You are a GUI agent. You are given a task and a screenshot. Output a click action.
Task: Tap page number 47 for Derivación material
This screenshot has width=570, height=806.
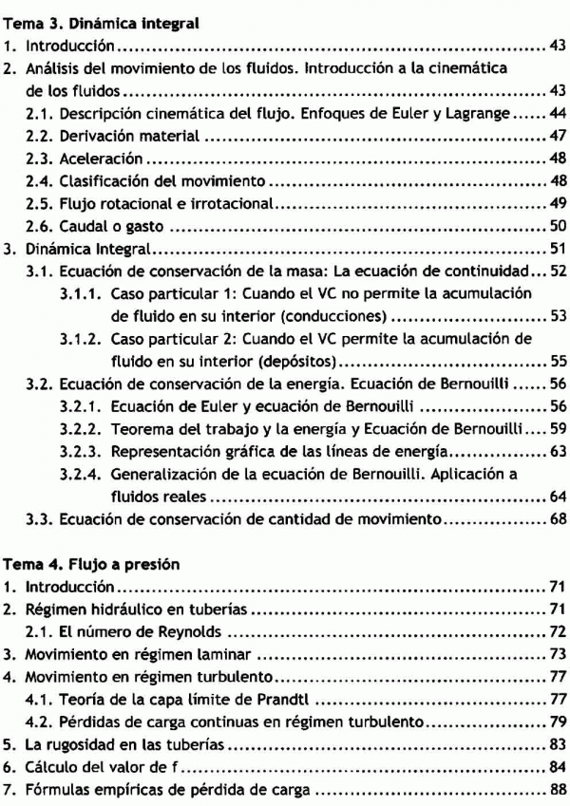click(x=558, y=137)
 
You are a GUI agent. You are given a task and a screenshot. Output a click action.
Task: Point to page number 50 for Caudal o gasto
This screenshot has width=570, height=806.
click(x=558, y=226)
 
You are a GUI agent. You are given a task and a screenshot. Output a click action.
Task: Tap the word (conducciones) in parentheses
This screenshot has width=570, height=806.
click(x=337, y=316)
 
